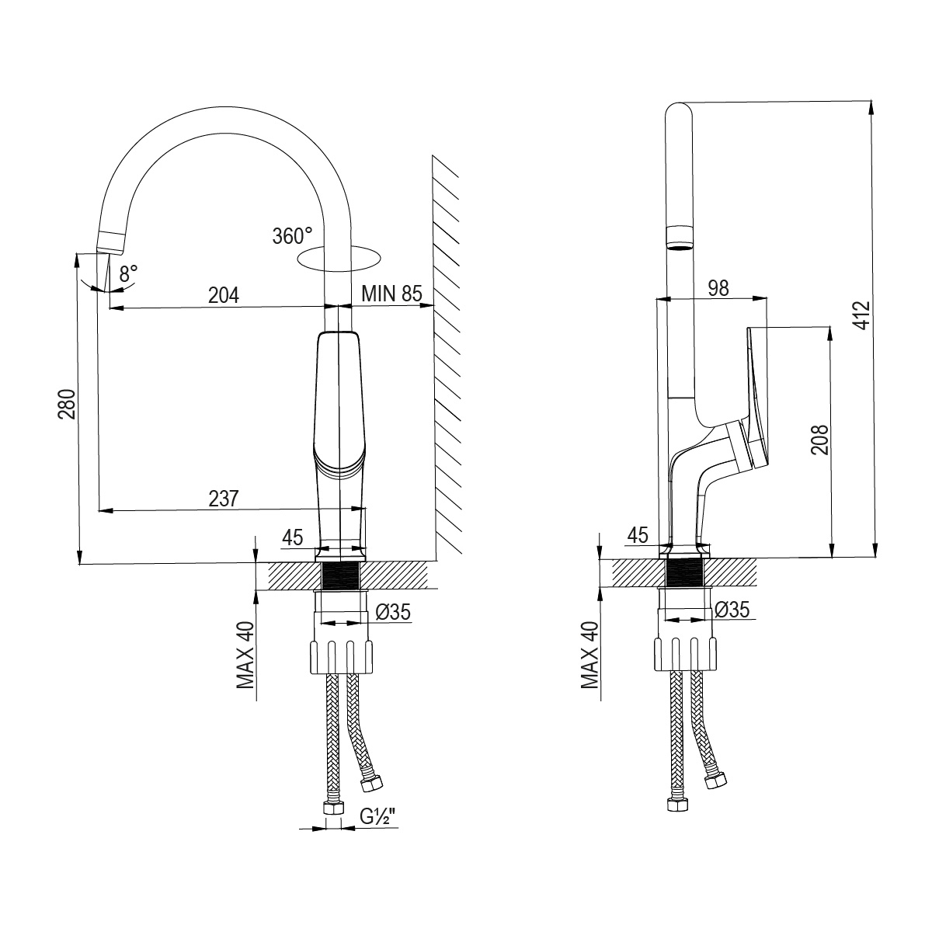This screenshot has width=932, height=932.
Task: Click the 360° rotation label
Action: pyautogui.click(x=292, y=235)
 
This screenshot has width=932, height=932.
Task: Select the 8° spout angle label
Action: pyautogui.click(x=128, y=273)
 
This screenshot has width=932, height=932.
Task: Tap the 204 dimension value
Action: pyautogui.click(x=224, y=295)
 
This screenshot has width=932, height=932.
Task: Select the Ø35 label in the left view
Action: pyautogui.click(x=392, y=613)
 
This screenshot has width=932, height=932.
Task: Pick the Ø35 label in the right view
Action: pyautogui.click(x=732, y=610)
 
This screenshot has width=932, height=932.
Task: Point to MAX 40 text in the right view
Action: pyautogui.click(x=590, y=656)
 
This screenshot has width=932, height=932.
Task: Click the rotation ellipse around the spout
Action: pyautogui.click(x=340, y=258)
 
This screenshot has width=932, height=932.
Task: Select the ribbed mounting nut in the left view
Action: pyautogui.click(x=343, y=657)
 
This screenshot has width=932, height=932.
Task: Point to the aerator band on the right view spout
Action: pyautogui.click(x=679, y=237)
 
